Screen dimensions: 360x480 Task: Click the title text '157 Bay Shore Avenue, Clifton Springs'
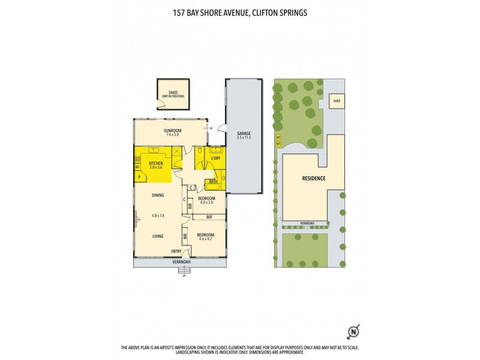click(240, 12)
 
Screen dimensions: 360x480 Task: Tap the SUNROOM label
click(172, 130)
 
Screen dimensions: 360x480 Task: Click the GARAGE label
click(243, 134)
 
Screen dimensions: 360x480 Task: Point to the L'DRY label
click(215, 158)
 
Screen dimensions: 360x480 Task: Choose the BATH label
click(213, 181)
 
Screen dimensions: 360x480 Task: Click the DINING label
click(158, 195)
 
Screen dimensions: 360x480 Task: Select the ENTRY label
click(176, 251)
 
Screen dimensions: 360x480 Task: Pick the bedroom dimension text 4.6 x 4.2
click(206, 239)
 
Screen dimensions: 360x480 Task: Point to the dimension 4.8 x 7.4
click(158, 215)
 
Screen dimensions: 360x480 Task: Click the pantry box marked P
click(139, 177)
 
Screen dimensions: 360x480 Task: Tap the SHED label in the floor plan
click(169, 93)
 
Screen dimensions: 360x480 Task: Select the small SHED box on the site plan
click(337, 101)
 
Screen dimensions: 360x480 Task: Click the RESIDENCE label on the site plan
click(313, 178)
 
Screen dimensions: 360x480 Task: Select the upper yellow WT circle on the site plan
click(278, 138)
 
